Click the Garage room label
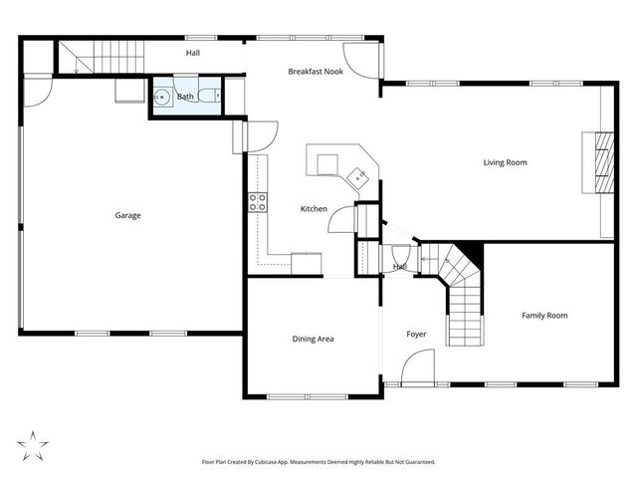click(127, 215)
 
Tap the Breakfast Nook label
click(316, 72)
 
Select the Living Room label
click(505, 162)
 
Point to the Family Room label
click(544, 316)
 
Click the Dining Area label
click(313, 340)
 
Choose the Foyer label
click(416, 335)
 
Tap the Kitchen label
click(315, 209)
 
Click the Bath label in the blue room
click(186, 97)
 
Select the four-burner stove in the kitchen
click(257, 201)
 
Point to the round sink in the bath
click(162, 98)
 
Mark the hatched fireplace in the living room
click(600, 162)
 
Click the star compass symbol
click(33, 444)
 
